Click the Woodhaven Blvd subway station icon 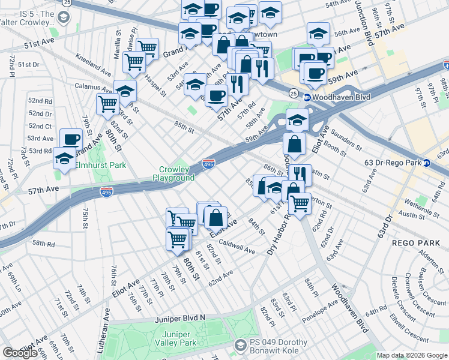point(307,97)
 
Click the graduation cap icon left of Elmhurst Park point(64,158)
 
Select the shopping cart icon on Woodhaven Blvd point(300,203)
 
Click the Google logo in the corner point(20,353)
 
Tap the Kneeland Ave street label point(93,65)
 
